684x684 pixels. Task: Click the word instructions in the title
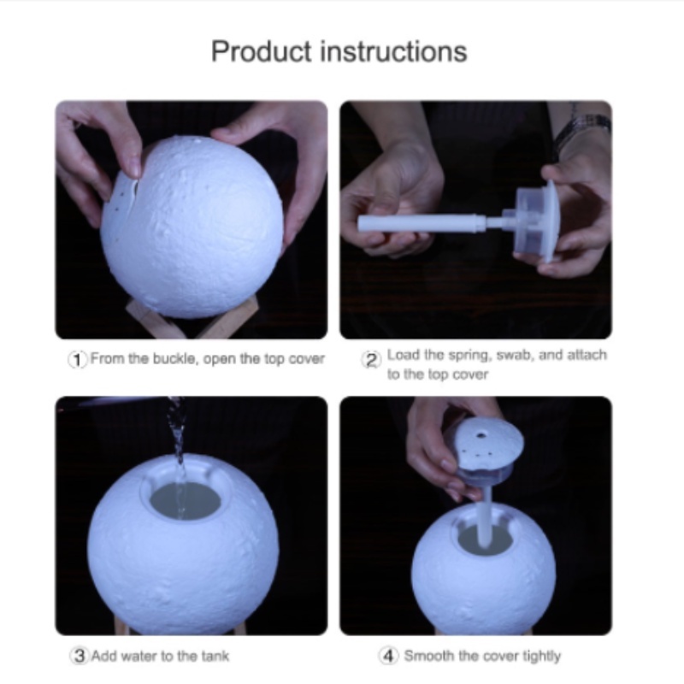tap(394, 51)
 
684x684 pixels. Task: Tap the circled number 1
tap(78, 359)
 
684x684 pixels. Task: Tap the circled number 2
tap(371, 360)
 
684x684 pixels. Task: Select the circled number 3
tap(80, 656)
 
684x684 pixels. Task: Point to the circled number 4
tap(389, 656)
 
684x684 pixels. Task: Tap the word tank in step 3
tap(215, 656)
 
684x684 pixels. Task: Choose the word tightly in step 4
tap(541, 656)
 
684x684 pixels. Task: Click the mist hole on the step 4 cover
tap(481, 435)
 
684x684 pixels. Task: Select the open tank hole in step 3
tap(186, 500)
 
